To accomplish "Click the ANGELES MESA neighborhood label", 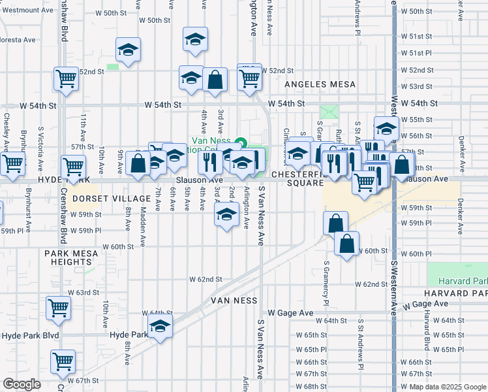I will point(320,85).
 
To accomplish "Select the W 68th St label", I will point(310,387).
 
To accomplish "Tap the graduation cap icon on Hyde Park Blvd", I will point(159,325).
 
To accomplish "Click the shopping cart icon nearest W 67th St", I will point(63,361).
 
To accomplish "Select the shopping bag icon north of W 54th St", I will point(215,80).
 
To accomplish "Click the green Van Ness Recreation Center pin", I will point(240,143).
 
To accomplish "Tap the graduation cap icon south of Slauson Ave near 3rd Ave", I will point(226,214).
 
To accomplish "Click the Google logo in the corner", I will point(22,384).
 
